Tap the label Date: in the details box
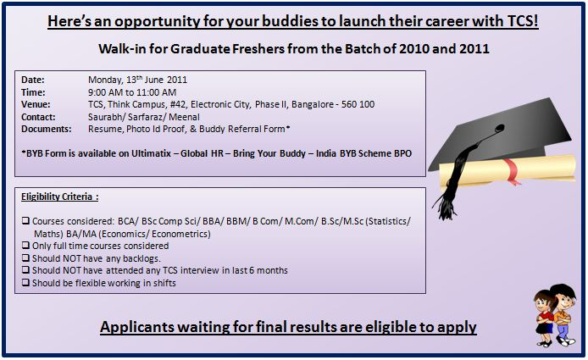pos(33,80)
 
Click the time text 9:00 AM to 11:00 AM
pos(132,92)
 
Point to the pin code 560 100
pos(357,104)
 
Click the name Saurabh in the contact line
pos(105,117)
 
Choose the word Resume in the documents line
pos(106,129)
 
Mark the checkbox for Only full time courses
pos(25,246)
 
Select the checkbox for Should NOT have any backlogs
pos(25,258)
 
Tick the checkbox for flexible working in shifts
pos(25,283)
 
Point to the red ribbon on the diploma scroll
pos(511,167)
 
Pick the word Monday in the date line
pos(107,80)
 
